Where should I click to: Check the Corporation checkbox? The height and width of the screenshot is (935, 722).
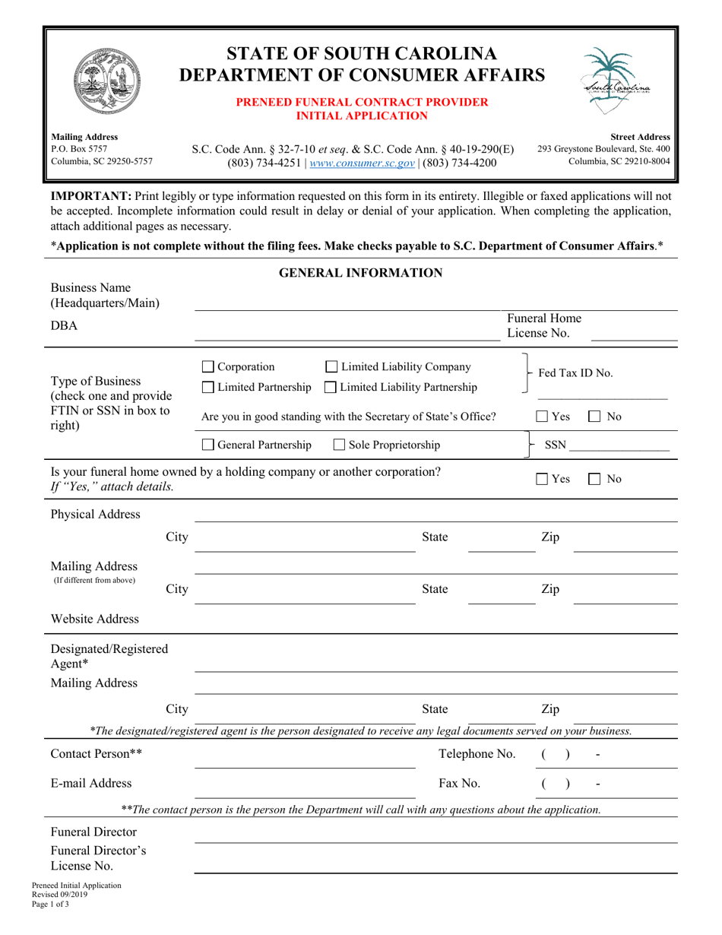click(209, 368)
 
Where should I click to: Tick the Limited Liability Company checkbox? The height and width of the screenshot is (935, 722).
click(331, 368)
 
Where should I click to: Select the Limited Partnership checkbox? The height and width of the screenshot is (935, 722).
click(209, 388)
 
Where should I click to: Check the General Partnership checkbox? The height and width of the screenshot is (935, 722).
click(209, 445)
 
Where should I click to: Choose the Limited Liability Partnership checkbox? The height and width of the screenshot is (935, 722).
click(331, 388)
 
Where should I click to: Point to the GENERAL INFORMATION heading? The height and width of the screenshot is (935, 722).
click(361, 273)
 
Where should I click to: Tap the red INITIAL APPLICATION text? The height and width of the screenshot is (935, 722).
click(361, 116)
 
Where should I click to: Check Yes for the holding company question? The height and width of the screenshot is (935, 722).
click(542, 479)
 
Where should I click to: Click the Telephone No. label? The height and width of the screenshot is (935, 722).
click(477, 754)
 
